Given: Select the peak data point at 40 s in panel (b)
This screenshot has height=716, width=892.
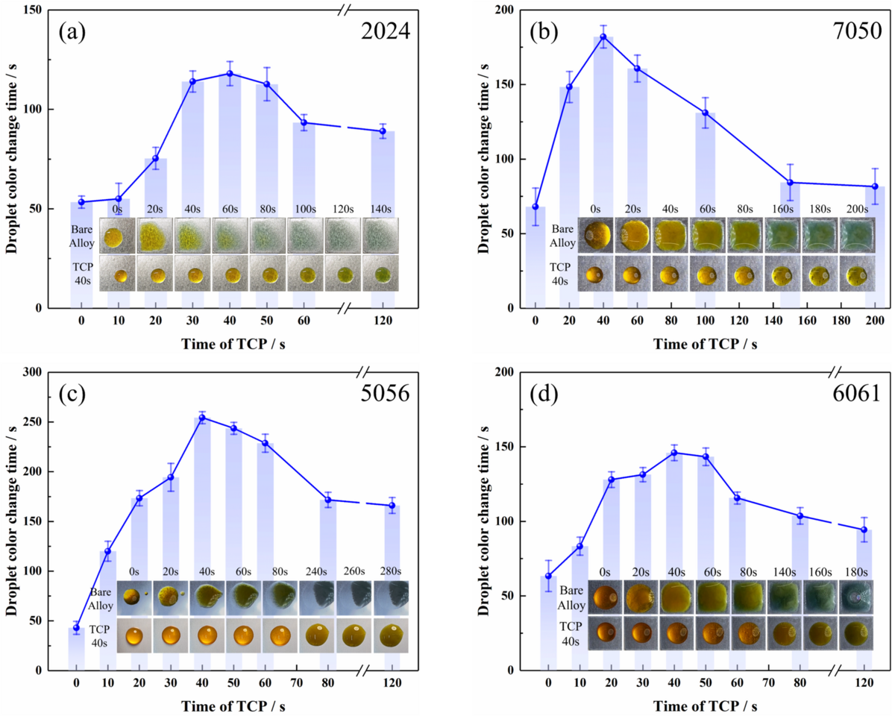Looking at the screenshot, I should [x=603, y=37].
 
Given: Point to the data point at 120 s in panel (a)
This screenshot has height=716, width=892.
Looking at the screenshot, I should [x=383, y=131].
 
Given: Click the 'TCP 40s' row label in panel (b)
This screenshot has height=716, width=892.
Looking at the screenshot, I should [x=559, y=275].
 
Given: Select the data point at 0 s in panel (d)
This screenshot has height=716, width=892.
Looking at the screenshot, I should [x=549, y=576].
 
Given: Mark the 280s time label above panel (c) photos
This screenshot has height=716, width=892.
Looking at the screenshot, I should [x=390, y=572].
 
